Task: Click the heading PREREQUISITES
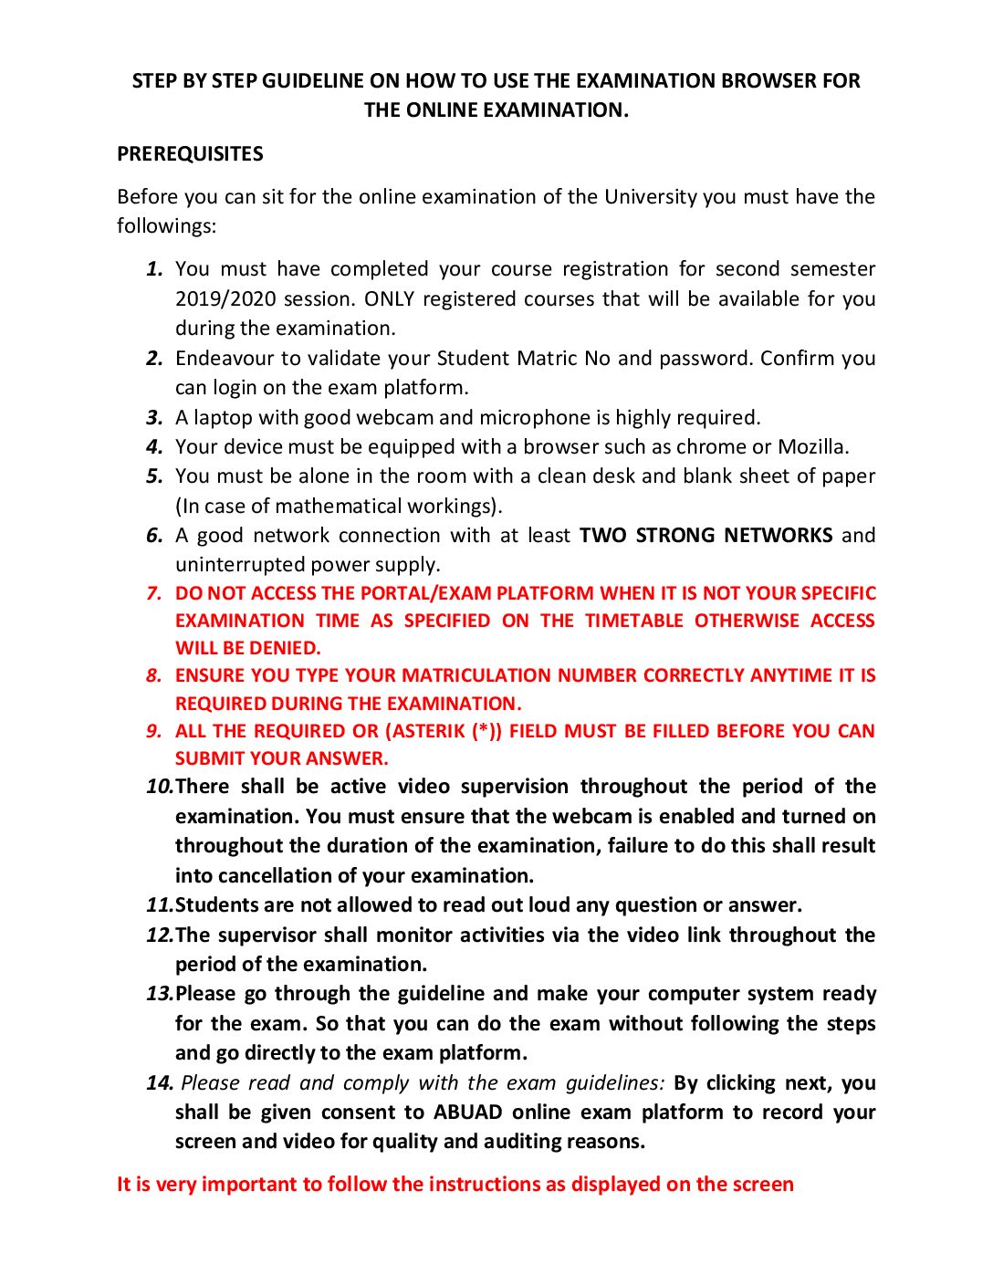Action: click(190, 154)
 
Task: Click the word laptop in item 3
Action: click(223, 418)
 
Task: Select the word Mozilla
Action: click(812, 447)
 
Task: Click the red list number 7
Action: click(154, 594)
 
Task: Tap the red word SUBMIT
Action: click(206, 759)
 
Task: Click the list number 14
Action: click(159, 1083)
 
